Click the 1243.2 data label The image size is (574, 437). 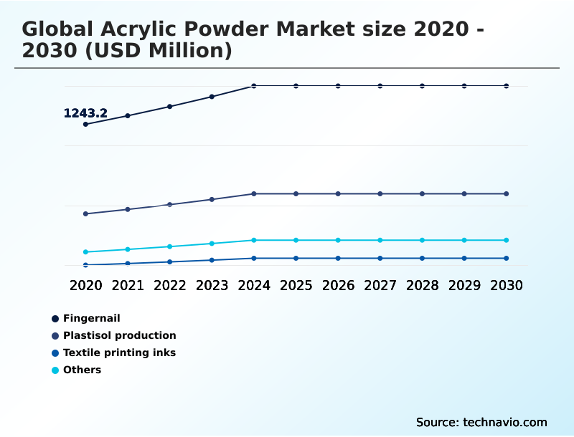tap(85, 113)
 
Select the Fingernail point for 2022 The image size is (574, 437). tap(169, 106)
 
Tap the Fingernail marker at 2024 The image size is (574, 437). tap(254, 86)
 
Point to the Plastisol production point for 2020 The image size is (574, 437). tap(85, 213)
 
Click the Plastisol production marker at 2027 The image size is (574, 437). tap(380, 193)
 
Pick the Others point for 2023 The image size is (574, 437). tap(212, 244)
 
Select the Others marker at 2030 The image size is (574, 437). tap(507, 240)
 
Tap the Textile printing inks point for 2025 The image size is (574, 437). tap(296, 258)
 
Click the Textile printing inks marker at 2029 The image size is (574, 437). tap(464, 258)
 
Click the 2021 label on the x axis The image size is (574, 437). tap(128, 285)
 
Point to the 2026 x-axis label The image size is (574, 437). tap(338, 285)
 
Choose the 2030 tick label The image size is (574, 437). tap(507, 285)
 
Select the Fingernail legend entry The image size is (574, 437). tap(91, 318)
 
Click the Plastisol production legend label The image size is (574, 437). tap(119, 335)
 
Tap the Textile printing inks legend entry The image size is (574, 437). tap(119, 352)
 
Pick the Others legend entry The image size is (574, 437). tap(82, 370)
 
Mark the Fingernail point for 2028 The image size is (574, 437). tap(422, 86)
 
